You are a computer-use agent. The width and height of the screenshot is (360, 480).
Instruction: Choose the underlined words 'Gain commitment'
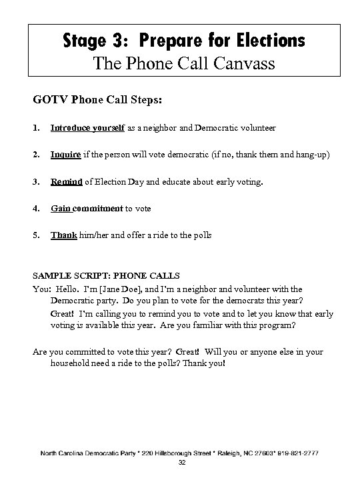[x=87, y=208]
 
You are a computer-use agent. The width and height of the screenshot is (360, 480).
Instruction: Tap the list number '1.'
[x=35, y=127]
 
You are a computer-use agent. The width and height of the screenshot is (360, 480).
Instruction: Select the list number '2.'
[x=35, y=155]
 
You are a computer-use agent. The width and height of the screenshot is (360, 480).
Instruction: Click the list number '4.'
[x=35, y=208]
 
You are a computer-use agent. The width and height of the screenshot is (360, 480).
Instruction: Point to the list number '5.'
[x=35, y=235]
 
